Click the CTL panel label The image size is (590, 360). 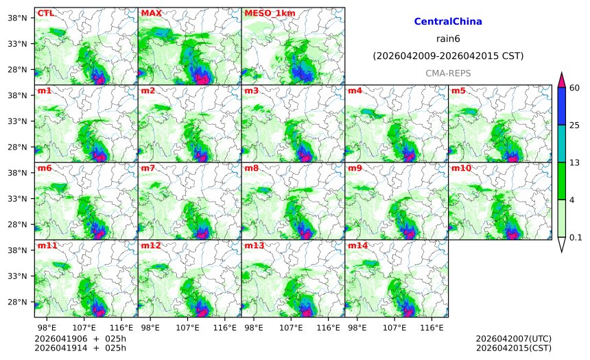tap(45, 13)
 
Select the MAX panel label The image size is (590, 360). tap(151, 13)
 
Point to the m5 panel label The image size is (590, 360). tap(458, 91)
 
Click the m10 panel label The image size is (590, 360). tap(460, 168)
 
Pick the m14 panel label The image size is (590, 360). tap(357, 245)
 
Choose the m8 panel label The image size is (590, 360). tap(251, 168)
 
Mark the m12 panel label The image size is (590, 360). tap(150, 245)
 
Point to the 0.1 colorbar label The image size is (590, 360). tap(576, 238)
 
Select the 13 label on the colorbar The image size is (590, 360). tap(575, 162)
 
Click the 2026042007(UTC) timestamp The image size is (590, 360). tap(513, 339)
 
